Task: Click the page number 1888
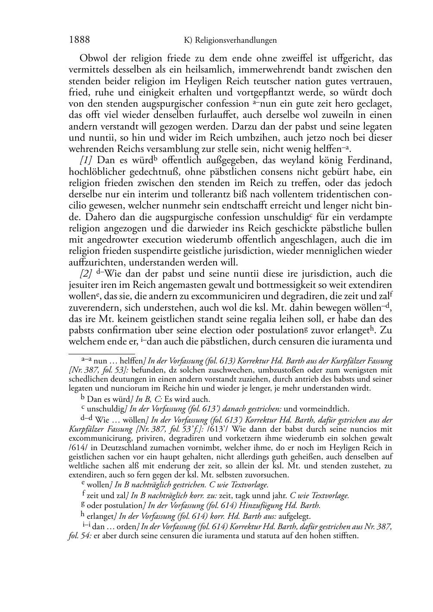(x=79, y=40)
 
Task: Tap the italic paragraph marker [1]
(x=86, y=160)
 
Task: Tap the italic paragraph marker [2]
(x=86, y=274)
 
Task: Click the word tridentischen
(x=336, y=194)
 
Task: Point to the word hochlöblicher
(x=96, y=172)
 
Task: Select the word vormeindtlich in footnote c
(x=324, y=409)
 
